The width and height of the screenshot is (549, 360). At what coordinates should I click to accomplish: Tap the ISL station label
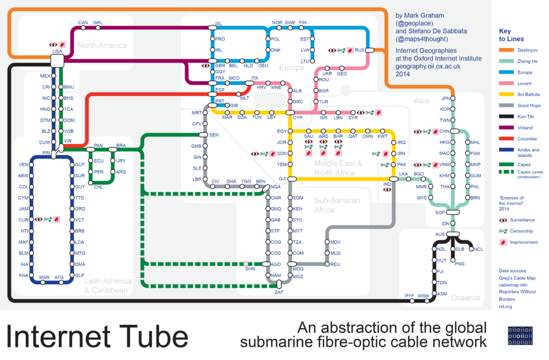[x=218, y=24]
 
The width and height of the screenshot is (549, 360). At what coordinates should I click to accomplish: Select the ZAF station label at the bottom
[x=279, y=292]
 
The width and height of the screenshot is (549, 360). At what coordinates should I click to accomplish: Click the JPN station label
[x=444, y=98]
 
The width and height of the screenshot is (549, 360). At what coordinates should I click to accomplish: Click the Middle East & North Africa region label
[x=338, y=168]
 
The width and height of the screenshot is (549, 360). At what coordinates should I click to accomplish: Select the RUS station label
[x=360, y=50]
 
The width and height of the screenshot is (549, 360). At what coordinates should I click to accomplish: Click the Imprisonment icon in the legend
[x=502, y=243]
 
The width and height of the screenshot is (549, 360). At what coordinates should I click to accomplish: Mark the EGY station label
[x=282, y=131]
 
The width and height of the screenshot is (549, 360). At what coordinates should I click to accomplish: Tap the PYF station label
[x=409, y=295]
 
